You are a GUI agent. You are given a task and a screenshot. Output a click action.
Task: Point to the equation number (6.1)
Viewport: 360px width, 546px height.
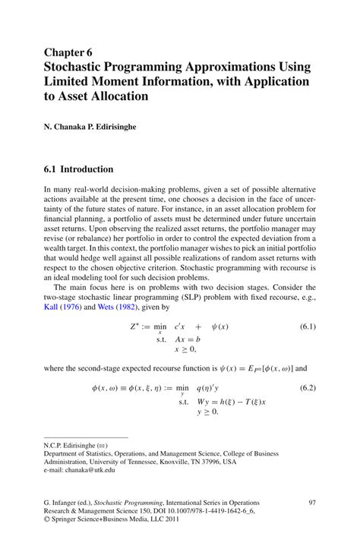[x=303, y=306]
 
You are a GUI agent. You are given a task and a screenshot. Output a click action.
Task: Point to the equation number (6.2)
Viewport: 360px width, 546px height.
[x=303, y=387]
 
